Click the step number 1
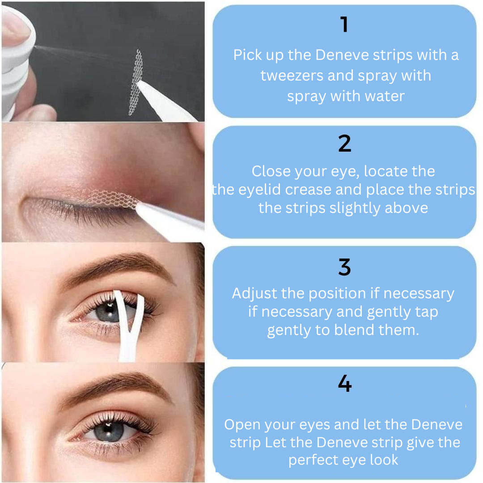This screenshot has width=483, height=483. [344, 25]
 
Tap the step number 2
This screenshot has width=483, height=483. [344, 144]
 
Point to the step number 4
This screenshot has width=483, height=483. [345, 383]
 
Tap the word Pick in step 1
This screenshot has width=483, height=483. [247, 55]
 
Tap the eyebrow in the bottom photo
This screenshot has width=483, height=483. [117, 385]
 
